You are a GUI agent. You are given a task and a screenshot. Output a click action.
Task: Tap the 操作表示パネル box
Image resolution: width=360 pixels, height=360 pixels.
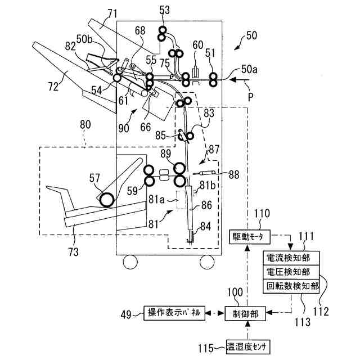click(173, 313)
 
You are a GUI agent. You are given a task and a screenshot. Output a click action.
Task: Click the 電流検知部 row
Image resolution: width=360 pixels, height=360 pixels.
click(290, 259)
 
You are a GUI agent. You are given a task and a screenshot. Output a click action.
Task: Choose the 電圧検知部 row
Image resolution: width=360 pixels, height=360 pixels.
click(290, 272)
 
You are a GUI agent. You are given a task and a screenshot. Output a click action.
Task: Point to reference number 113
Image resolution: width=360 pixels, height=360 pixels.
click(303, 322)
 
